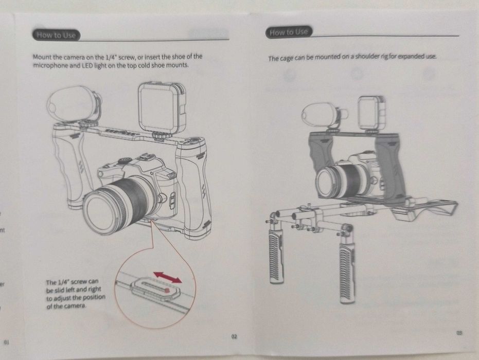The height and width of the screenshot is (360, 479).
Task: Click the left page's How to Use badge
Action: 57,35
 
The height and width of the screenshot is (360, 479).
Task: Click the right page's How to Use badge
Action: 289,32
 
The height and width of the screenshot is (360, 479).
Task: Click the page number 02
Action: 234,337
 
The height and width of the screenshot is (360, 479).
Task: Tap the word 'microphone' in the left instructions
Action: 53,66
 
